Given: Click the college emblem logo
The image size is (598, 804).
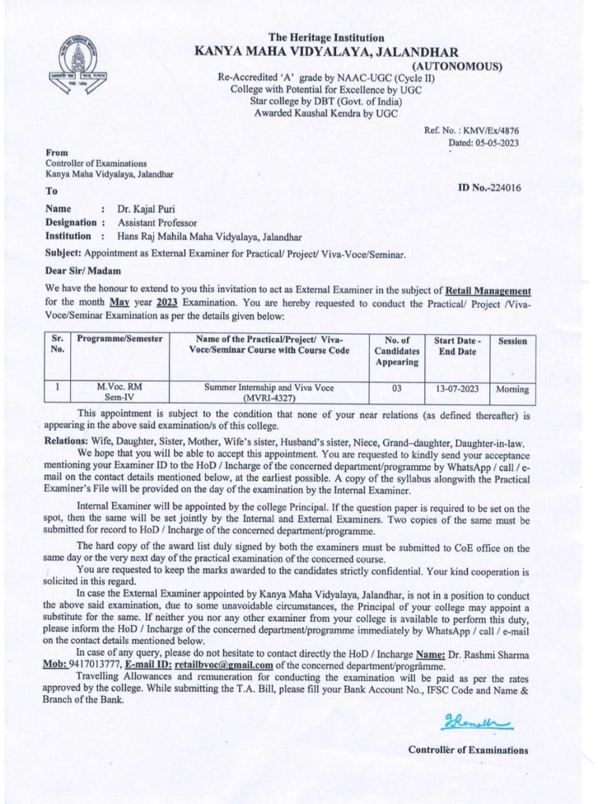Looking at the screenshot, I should (79, 65).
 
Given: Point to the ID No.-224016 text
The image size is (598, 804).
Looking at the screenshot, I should (489, 187).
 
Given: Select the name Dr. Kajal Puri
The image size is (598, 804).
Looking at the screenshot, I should (147, 209).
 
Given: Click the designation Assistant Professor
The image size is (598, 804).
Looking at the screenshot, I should (157, 222).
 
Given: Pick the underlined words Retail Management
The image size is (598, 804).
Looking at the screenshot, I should (488, 291).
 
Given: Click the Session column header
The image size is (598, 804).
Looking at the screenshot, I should (512, 341).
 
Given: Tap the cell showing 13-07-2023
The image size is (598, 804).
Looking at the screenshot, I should (457, 389).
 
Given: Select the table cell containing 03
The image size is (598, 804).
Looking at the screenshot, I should (396, 389).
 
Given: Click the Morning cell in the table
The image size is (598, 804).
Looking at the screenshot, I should (512, 389).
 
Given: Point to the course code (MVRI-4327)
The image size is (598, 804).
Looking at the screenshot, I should (268, 399).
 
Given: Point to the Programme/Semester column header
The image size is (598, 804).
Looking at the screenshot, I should (119, 339).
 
